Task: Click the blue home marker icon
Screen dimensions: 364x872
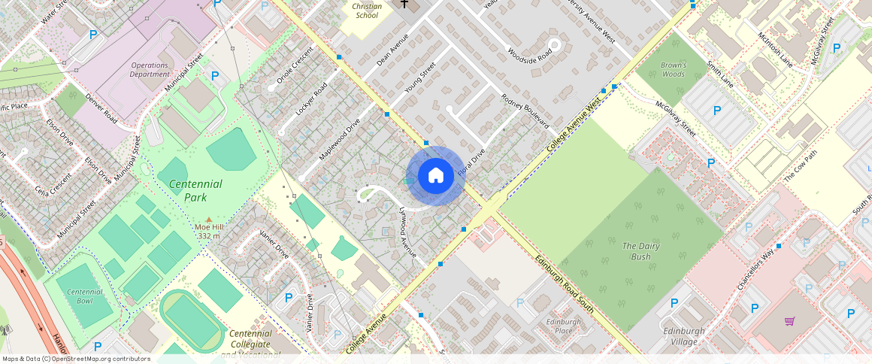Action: point(435,176)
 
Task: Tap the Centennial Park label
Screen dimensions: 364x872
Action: point(195,190)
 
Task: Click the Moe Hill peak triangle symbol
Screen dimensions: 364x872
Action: point(209,219)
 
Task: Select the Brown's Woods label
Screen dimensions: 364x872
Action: point(673,70)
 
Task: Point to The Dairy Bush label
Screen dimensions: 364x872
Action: point(636,251)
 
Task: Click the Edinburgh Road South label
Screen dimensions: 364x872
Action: point(566,287)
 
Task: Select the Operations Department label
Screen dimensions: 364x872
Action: point(150,69)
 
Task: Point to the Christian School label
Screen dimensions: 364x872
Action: point(367,11)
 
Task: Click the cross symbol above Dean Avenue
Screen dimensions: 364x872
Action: point(404,5)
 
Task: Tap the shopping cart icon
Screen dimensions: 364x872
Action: point(789,321)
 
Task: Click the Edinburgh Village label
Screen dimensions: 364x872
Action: point(684,335)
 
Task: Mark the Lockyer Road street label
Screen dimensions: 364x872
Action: point(312,99)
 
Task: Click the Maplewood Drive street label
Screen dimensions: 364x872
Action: point(340,138)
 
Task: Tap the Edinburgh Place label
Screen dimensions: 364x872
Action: point(565,326)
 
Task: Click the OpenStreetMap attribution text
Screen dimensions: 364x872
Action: point(75,359)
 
